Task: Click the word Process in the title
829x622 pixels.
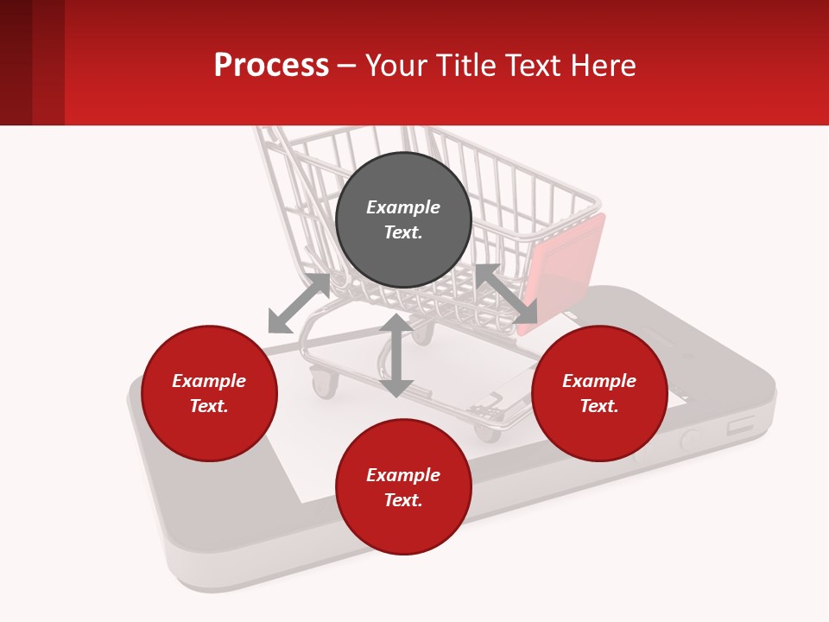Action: pyautogui.click(x=271, y=66)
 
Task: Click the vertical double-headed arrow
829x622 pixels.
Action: pyautogui.click(x=396, y=355)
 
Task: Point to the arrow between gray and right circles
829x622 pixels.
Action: pyautogui.click(x=506, y=294)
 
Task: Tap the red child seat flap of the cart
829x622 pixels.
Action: pyautogui.click(x=566, y=263)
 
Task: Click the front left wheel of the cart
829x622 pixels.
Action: pyautogui.click(x=324, y=382)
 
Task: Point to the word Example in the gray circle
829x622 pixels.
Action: pyautogui.click(x=403, y=207)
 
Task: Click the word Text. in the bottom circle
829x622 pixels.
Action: pyautogui.click(x=403, y=500)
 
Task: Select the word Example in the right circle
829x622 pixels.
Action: pyautogui.click(x=599, y=381)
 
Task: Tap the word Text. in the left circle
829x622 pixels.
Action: pyautogui.click(x=209, y=406)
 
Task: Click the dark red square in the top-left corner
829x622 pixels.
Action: pyautogui.click(x=16, y=62)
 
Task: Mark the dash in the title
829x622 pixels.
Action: pyautogui.click(x=346, y=67)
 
